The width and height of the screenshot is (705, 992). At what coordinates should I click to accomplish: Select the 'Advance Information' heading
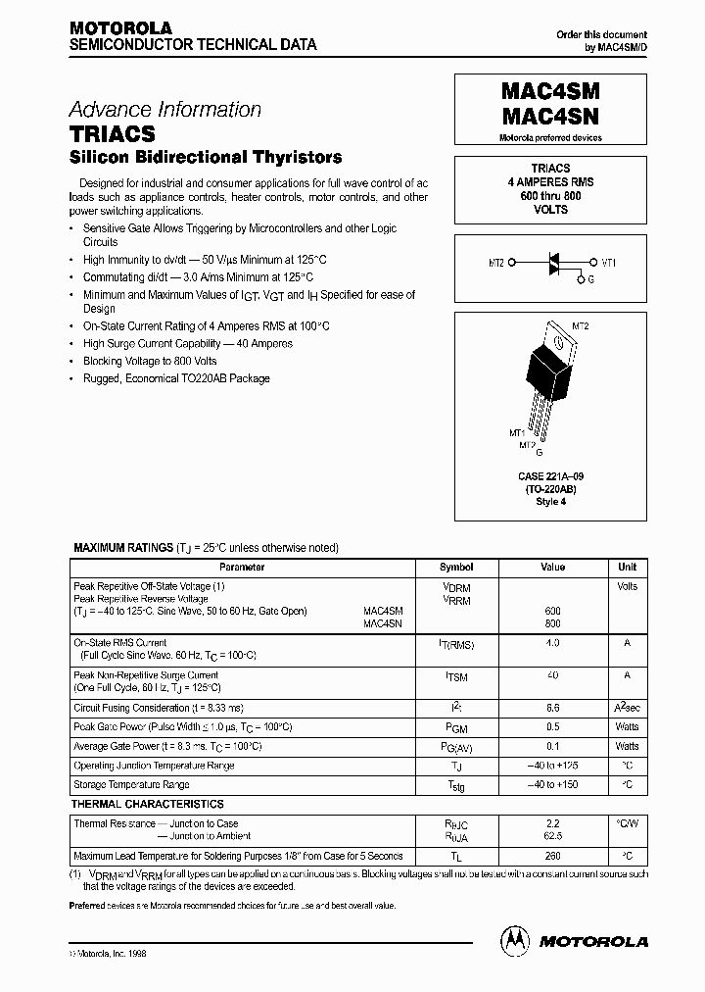click(164, 110)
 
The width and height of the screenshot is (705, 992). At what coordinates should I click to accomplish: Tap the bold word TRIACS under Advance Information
click(112, 133)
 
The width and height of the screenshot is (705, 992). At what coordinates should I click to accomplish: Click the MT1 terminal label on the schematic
click(608, 263)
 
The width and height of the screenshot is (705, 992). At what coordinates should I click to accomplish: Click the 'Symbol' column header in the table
click(456, 567)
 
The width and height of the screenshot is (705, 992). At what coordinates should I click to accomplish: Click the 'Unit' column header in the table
click(627, 567)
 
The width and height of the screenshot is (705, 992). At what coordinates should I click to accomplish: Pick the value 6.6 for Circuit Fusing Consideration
click(552, 708)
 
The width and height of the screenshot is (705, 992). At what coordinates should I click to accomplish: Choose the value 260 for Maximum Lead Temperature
click(552, 856)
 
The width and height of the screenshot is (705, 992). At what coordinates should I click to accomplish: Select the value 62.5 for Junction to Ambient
click(552, 837)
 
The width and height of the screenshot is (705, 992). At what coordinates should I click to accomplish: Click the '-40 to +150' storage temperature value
click(552, 785)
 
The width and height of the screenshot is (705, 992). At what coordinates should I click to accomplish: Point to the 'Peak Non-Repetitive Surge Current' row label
click(146, 675)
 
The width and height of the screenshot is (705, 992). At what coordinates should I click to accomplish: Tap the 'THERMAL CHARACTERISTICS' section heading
click(149, 804)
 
